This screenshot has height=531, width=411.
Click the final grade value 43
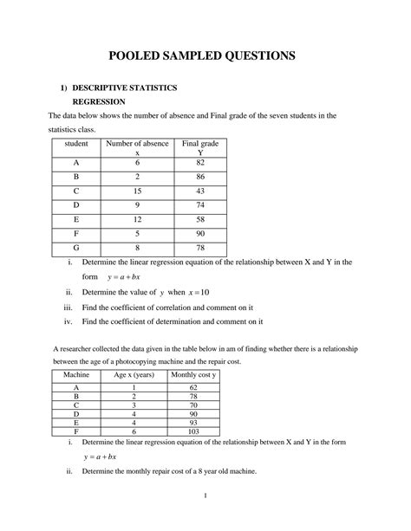click(200, 191)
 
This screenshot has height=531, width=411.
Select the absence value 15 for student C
click(136, 191)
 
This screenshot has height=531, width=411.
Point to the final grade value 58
click(200, 220)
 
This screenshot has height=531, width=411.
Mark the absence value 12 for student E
click(136, 220)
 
